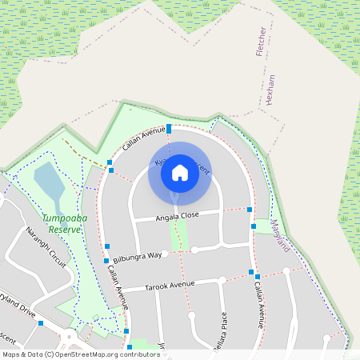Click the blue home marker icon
(180, 173)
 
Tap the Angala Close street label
(166, 217)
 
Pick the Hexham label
(271, 90)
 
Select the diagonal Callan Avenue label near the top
(145, 138)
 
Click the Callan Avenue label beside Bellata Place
(258, 305)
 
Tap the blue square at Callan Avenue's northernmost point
(169, 129)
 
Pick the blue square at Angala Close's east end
(250, 210)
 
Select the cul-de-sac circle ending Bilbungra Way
(194, 250)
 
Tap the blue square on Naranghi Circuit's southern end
(40, 323)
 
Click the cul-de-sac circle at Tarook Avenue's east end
(286, 272)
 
